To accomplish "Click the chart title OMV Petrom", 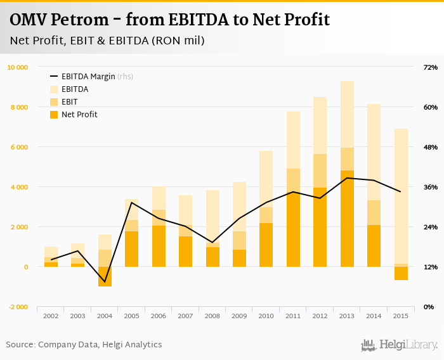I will pos(169,20).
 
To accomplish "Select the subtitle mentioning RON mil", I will pos(107,41).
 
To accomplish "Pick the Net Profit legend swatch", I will pos(54,115).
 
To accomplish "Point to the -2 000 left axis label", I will pos(18,307).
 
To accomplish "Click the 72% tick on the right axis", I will pos(431,67).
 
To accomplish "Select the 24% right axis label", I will pos(431,227).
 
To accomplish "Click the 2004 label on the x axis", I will pos(105,316).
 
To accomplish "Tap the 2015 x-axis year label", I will pos(401,316).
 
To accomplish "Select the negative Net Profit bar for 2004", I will pos(105,277).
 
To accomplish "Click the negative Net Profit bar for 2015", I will pos(401,273).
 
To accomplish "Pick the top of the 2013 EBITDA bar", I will pos(347,82).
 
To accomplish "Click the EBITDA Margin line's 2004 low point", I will pos(105,281).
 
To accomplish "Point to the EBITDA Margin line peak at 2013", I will pos(347,178).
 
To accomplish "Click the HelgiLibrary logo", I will pos(400,345).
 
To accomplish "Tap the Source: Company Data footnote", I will pos(84,345).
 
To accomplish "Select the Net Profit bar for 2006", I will pos(159,247).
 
